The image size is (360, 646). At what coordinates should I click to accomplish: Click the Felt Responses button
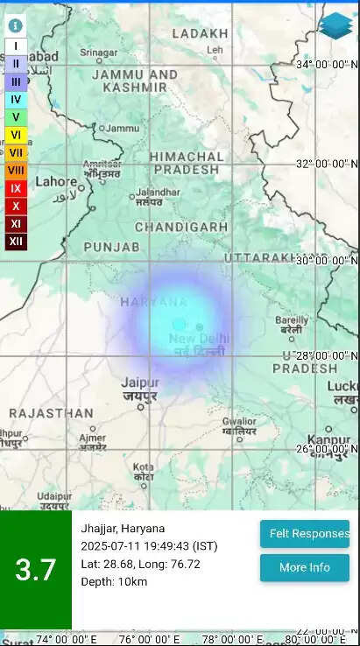click(x=304, y=534)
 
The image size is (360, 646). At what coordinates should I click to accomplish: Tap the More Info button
click(x=304, y=567)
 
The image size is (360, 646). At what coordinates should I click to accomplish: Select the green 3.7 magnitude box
click(x=36, y=570)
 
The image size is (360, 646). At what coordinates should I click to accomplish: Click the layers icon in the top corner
click(x=335, y=25)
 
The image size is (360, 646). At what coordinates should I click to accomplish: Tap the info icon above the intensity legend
click(x=16, y=25)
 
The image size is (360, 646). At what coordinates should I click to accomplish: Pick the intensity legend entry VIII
click(x=16, y=170)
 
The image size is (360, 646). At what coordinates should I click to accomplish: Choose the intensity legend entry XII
click(x=16, y=242)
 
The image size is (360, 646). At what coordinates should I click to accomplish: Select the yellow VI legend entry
click(x=16, y=135)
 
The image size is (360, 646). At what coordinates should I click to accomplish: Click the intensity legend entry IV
click(x=16, y=99)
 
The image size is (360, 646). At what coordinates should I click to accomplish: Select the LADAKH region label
click(x=200, y=33)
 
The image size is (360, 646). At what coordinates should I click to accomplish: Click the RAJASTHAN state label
click(x=51, y=412)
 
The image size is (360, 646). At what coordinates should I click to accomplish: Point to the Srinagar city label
click(x=99, y=53)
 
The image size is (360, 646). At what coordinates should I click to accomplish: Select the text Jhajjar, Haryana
click(x=123, y=528)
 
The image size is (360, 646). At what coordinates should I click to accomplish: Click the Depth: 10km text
click(x=114, y=581)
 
